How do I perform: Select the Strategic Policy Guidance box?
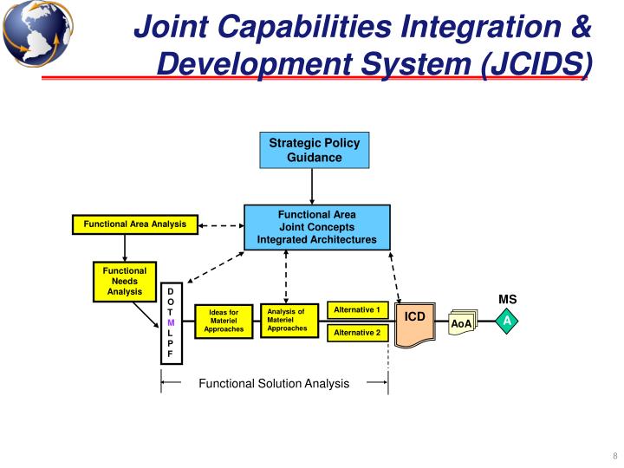[315, 150]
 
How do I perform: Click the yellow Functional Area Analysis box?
[134, 224]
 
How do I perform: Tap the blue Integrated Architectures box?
[316, 227]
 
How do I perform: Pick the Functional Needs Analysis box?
[125, 282]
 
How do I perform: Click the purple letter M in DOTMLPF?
[171, 322]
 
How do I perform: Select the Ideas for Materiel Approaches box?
[224, 321]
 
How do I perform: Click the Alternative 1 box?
[357, 310]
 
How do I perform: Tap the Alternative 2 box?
[357, 333]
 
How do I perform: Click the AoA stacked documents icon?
[461, 323]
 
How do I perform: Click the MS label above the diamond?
[508, 300]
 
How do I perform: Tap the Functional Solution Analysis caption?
[274, 383]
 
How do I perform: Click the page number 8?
[614, 458]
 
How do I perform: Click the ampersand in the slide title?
[580, 28]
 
